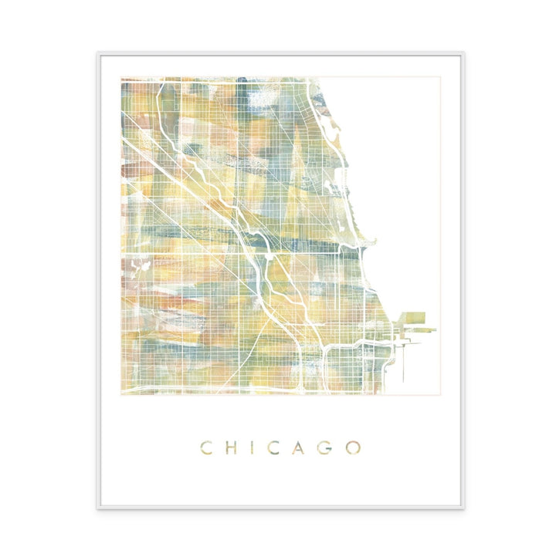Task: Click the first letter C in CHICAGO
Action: coord(207,447)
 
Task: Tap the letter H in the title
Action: coord(232,447)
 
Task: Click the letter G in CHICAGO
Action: coord(328,447)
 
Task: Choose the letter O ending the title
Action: coord(354,447)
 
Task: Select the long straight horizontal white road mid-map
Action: coord(232,253)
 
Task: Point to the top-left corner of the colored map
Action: coord(121,78)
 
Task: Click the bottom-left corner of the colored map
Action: coord(121,394)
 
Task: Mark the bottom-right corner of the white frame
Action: coord(462,507)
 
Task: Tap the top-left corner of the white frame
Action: coord(98,53)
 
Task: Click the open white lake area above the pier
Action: coord(402,193)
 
